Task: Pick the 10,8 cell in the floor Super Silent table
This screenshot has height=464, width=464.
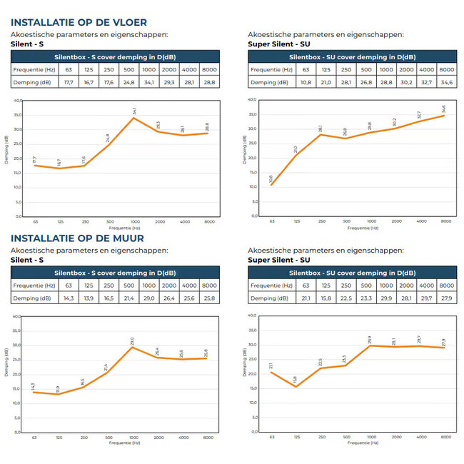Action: (306, 83)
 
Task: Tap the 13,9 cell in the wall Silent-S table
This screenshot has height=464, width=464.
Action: (89, 298)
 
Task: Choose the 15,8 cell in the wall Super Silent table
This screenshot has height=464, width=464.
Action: (326, 298)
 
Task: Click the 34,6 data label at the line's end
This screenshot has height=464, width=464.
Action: (444, 109)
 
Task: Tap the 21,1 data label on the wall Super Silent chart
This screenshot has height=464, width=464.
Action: (271, 366)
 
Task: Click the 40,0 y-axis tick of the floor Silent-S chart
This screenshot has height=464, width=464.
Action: (16, 101)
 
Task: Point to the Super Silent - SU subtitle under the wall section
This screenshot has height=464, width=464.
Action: (278, 260)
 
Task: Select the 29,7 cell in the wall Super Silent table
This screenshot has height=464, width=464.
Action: (426, 298)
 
